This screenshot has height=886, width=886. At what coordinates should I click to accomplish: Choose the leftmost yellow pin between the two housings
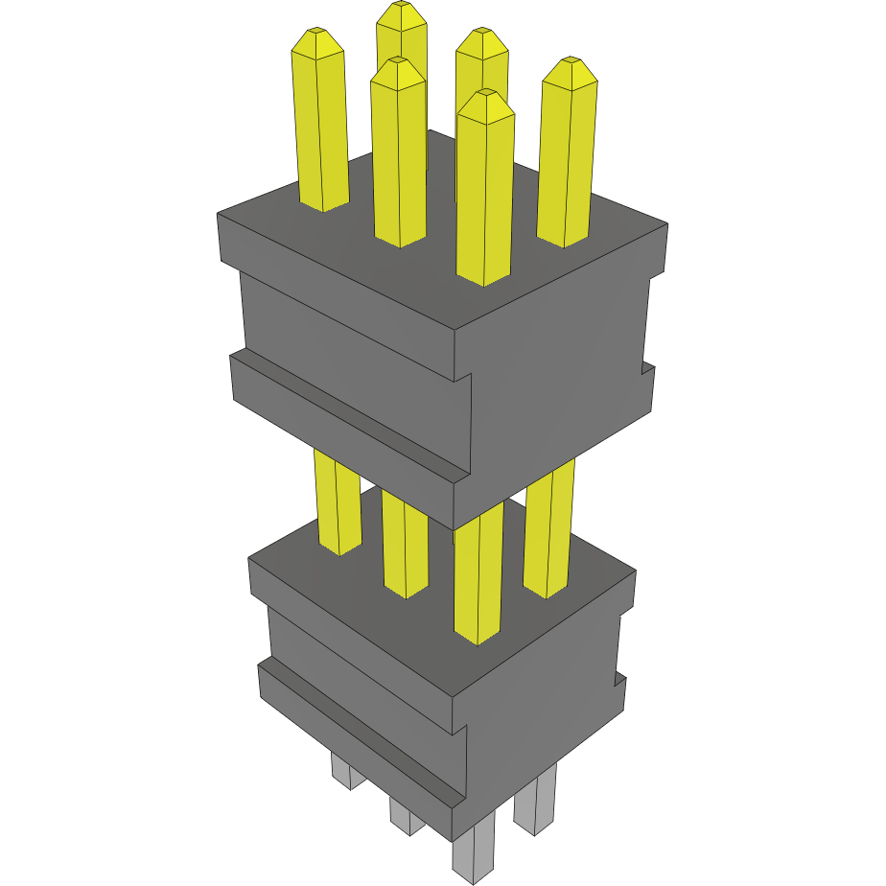(338, 503)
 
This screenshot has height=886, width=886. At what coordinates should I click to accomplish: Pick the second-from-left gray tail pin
(407, 816)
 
